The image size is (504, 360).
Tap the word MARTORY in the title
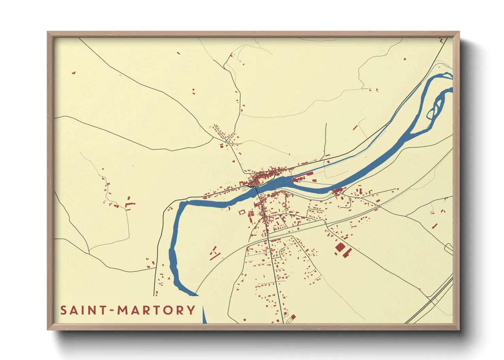pos(156,310)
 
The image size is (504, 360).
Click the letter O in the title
pos(168,310)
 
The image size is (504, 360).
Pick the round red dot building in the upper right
pos(405,59)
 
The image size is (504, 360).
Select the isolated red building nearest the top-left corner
pos(73,72)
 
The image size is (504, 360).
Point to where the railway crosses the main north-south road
pos(268,238)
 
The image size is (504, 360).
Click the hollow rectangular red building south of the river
pos(242,212)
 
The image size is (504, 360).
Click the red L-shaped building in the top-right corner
pos(442,40)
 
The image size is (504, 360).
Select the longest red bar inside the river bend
pos(214,256)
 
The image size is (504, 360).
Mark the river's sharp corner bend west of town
pos(181,204)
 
